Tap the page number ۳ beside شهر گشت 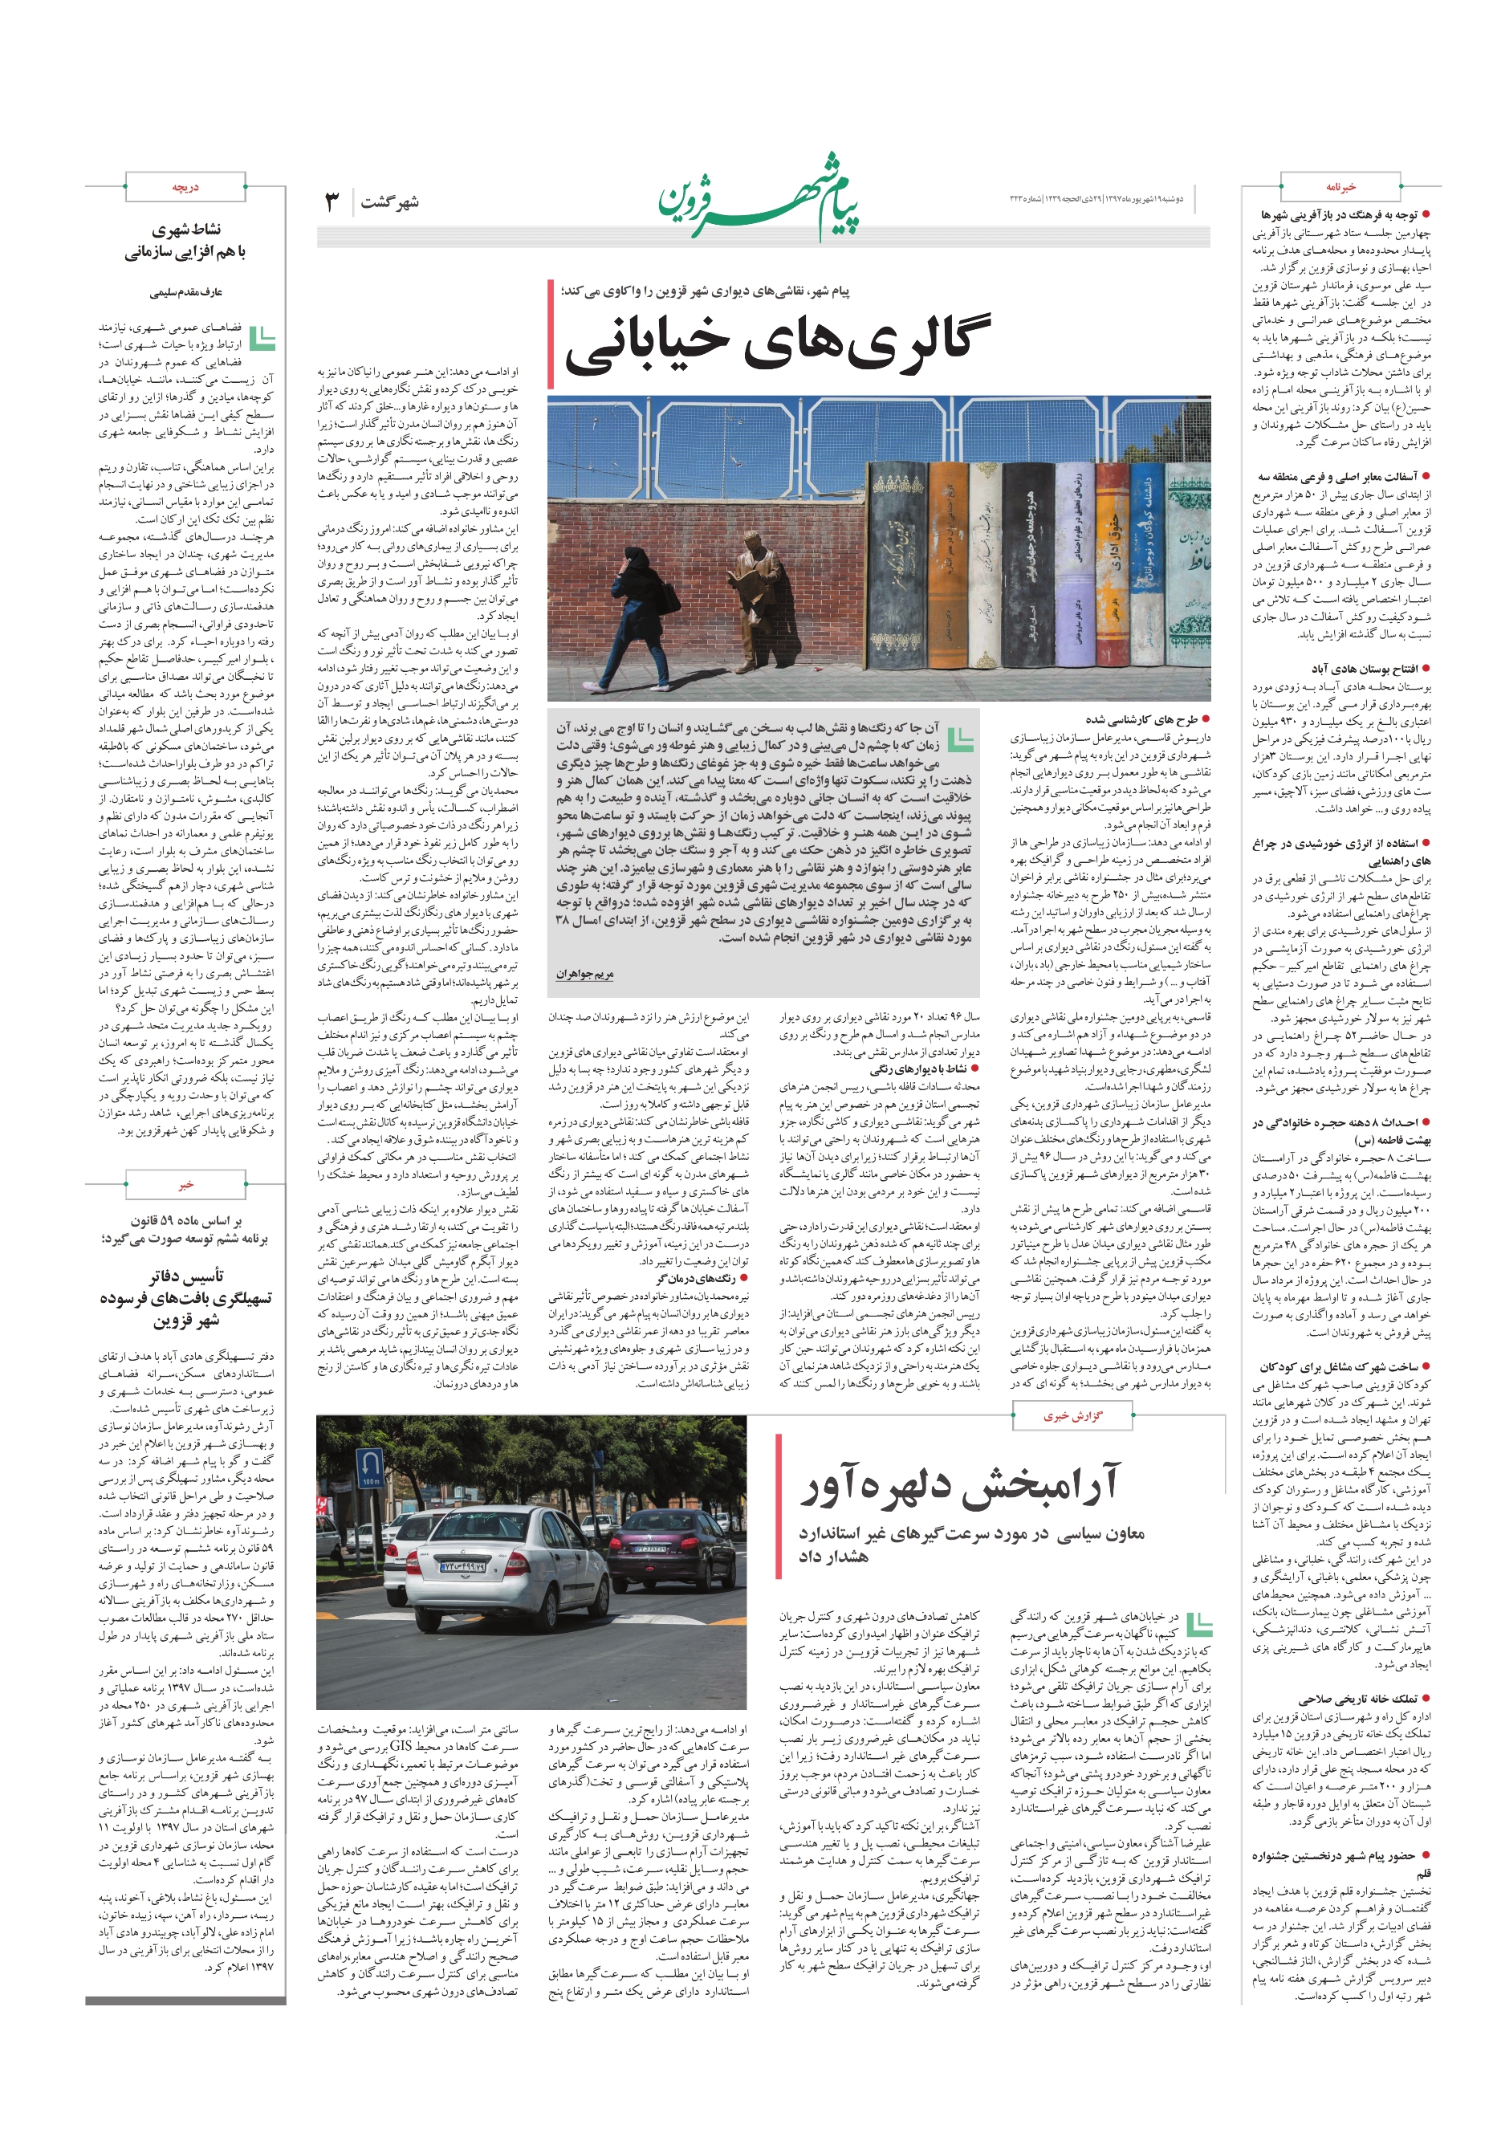(x=332, y=201)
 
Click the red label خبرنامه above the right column (x=1340, y=187)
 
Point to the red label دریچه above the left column (x=185, y=187)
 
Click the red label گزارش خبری (x=1072, y=1417)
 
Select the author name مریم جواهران (x=584, y=975)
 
